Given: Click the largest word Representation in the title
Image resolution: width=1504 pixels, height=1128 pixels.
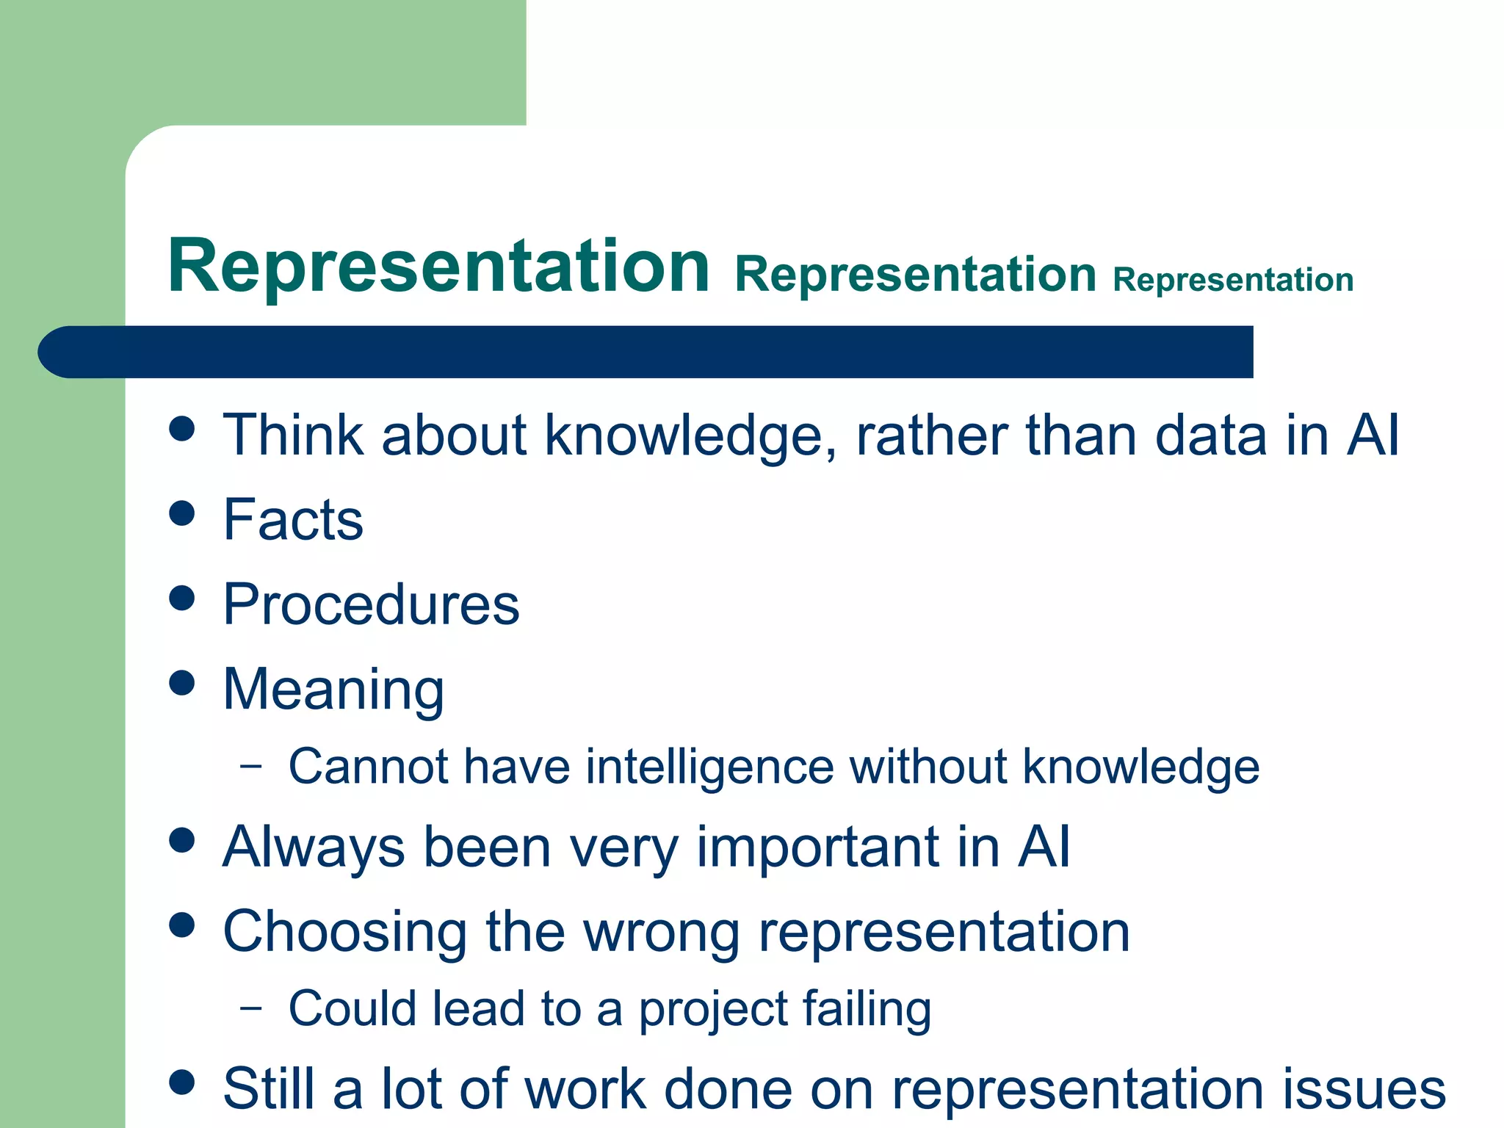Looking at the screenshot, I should point(438,266).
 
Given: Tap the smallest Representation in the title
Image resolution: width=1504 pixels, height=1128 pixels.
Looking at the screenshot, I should point(1233,281).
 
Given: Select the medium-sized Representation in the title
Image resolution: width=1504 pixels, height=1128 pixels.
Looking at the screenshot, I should point(915,275).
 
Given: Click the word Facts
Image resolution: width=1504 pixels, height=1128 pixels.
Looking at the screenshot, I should point(293,520).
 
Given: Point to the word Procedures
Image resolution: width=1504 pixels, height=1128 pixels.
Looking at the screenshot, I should point(371,604).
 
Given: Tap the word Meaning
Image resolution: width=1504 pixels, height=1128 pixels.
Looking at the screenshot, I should point(333,690).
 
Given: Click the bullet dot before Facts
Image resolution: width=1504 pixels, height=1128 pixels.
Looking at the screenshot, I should point(181,513).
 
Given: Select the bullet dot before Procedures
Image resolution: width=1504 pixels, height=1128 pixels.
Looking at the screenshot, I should point(181,598).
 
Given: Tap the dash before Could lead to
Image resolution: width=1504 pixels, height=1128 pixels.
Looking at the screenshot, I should point(251,1008).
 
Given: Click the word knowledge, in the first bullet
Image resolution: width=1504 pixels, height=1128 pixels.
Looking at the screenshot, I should point(690,436).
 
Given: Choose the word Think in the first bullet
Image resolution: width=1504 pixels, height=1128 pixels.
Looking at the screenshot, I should point(293,435).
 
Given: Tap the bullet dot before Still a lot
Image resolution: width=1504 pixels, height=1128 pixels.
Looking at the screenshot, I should point(181,1082).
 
